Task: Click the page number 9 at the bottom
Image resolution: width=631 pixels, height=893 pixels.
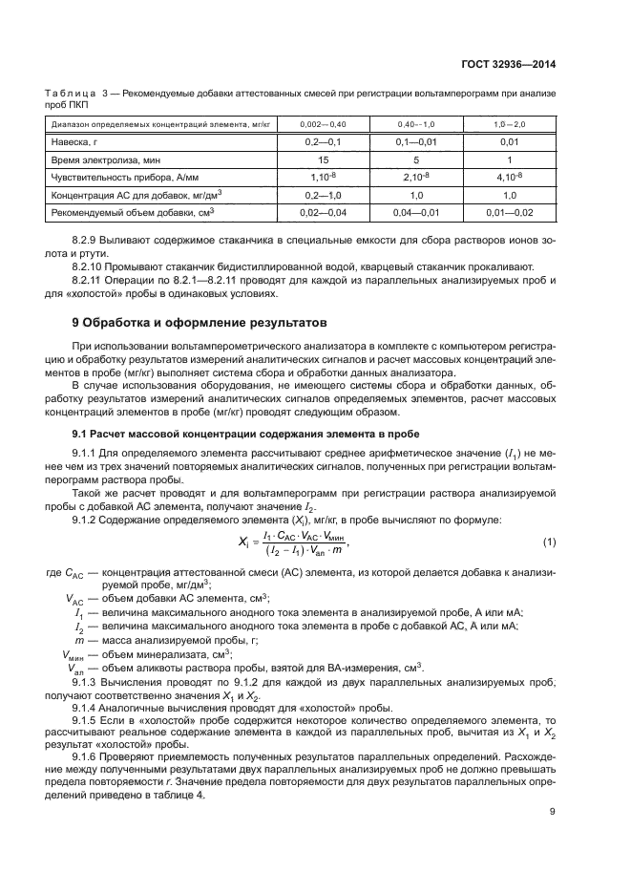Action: [553, 812]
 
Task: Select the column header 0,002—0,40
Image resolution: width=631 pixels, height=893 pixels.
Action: [323, 124]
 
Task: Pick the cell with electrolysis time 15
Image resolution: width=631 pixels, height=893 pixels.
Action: [323, 159]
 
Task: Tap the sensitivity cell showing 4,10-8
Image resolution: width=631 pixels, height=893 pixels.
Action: [510, 177]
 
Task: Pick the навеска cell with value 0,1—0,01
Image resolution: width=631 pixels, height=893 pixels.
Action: [416, 141]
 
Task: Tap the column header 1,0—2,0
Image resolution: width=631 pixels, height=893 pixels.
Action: [510, 124]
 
